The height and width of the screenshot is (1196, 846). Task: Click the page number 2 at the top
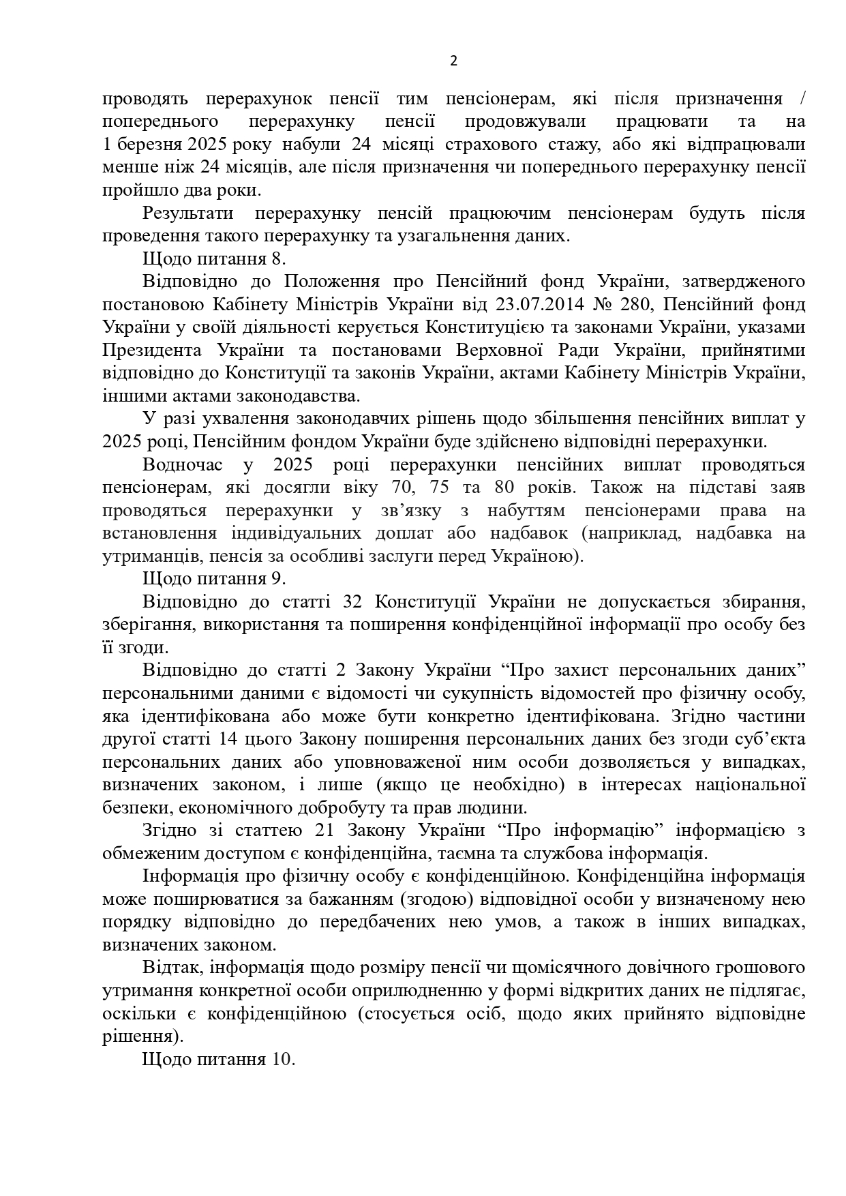coord(454,61)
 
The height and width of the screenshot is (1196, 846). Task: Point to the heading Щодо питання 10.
coord(219,1059)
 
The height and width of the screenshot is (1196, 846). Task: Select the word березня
coord(149,145)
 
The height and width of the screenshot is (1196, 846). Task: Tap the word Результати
coord(188,213)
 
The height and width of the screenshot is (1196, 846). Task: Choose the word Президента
coord(152,350)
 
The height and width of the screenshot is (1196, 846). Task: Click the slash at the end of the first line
coord(802,99)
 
